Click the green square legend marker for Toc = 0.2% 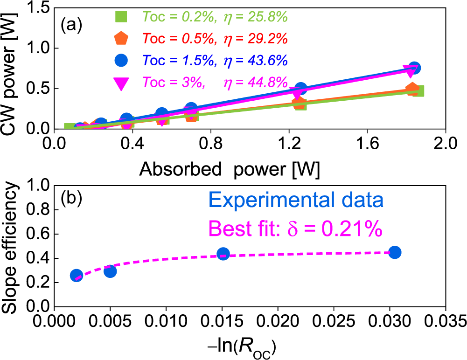pyautogui.click(x=121, y=17)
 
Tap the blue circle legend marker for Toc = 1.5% pyautogui.click(x=121, y=60)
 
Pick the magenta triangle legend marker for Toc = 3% pyautogui.click(x=121, y=82)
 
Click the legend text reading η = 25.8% pyautogui.click(x=255, y=17)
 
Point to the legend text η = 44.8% pyautogui.click(x=255, y=82)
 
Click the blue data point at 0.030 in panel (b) pyautogui.click(x=395, y=252)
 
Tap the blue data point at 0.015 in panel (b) pyautogui.click(x=223, y=254)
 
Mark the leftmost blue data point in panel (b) pyautogui.click(x=77, y=276)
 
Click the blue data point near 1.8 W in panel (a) pyautogui.click(x=414, y=68)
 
